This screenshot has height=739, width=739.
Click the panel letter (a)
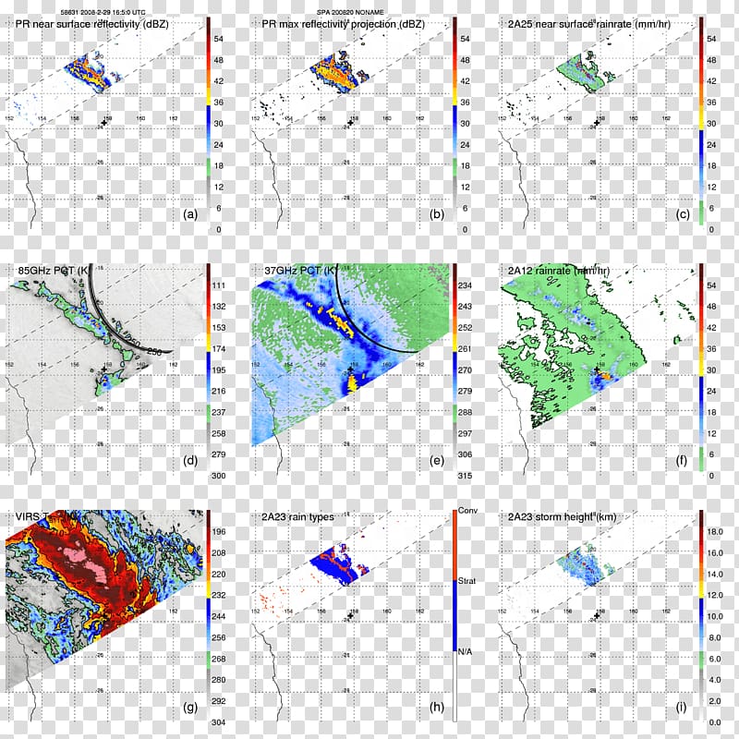[x=191, y=214]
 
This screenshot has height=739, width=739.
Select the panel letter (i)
[x=683, y=709]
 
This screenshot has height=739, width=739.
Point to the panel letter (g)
[x=191, y=709]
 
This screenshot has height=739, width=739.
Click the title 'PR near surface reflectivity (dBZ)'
[x=92, y=25]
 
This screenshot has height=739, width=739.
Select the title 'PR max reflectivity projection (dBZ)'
[x=342, y=25]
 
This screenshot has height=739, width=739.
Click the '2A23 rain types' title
[x=297, y=517]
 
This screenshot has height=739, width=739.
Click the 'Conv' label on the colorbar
[x=468, y=510]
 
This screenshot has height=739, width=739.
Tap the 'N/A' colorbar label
[x=467, y=653]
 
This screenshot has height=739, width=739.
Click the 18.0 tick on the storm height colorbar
[x=714, y=533]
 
